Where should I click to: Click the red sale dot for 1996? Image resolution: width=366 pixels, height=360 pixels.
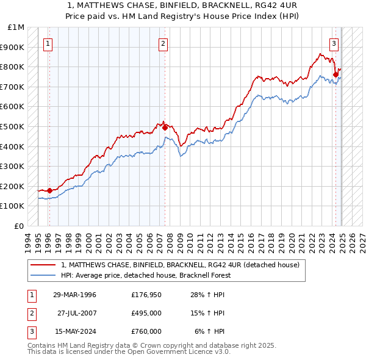click(x=49, y=190)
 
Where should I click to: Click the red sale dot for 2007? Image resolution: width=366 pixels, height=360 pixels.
click(x=165, y=128)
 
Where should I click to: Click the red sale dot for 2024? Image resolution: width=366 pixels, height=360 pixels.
click(x=335, y=75)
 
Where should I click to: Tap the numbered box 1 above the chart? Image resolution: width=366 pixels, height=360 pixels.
click(x=48, y=43)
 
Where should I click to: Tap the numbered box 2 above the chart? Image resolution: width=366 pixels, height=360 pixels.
click(x=163, y=43)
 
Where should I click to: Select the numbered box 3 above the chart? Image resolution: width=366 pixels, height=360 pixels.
click(x=334, y=43)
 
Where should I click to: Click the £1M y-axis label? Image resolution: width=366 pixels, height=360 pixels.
click(x=16, y=27)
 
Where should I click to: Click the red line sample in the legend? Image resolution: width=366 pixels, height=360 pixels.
click(x=43, y=265)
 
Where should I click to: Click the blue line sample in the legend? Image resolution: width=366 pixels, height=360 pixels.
click(x=43, y=276)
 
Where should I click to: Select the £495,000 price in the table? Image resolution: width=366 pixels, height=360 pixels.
click(x=146, y=313)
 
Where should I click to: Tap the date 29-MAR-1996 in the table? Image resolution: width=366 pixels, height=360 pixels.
click(x=74, y=295)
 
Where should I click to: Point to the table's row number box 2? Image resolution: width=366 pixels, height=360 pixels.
click(x=30, y=313)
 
